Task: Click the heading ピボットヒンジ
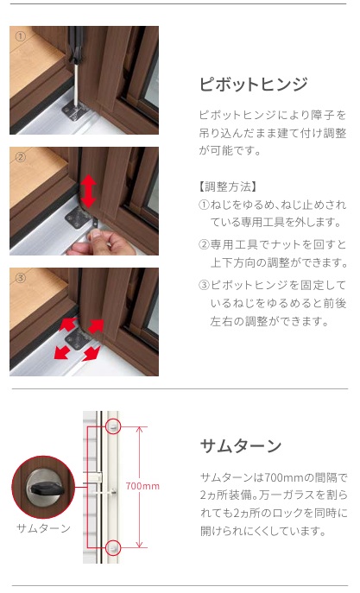coord(253,84)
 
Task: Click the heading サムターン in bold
coord(241,446)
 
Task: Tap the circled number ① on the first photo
coord(20,36)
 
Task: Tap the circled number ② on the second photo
coord(20,157)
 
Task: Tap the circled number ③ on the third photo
coord(20,278)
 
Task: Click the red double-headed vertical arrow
coord(88,191)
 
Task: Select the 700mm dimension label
coord(142,486)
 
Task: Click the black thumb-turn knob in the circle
coord(47,489)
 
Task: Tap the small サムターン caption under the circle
coord(43,528)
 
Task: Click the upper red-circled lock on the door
coord(113,427)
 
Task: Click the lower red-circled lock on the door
coord(113,547)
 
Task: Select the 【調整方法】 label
coord(228,186)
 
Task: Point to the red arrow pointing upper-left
coord(67,325)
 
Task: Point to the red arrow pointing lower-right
coord(92,353)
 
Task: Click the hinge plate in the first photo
coord(74,110)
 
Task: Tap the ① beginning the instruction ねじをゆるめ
coord(204,205)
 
